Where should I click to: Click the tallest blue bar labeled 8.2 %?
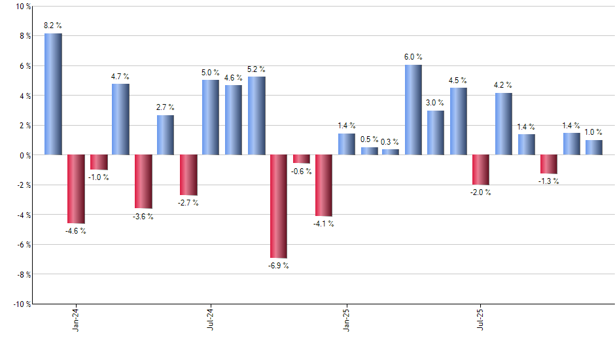click(x=53, y=94)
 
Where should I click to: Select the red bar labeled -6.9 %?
click(x=279, y=206)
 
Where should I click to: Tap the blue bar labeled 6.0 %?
click(x=413, y=110)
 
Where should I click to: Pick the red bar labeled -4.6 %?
click(x=76, y=189)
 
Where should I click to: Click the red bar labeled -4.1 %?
click(x=324, y=185)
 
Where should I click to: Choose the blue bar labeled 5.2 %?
click(x=256, y=116)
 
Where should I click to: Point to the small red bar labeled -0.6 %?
click(x=302, y=159)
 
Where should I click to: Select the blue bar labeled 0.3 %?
click(x=391, y=152)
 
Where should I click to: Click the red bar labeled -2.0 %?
click(x=481, y=170)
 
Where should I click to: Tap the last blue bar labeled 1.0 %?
click(x=594, y=147)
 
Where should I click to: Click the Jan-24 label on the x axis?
click(x=77, y=319)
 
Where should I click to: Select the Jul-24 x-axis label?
click(x=211, y=319)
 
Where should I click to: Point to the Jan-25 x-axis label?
click(x=346, y=319)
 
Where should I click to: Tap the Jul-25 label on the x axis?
click(x=481, y=319)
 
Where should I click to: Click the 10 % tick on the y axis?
click(x=23, y=7)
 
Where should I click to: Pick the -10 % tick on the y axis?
click(x=22, y=304)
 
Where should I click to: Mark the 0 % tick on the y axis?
click(x=25, y=155)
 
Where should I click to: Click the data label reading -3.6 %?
click(x=143, y=217)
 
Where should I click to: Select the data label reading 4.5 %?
click(x=458, y=81)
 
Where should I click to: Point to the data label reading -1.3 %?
click(x=549, y=181)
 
